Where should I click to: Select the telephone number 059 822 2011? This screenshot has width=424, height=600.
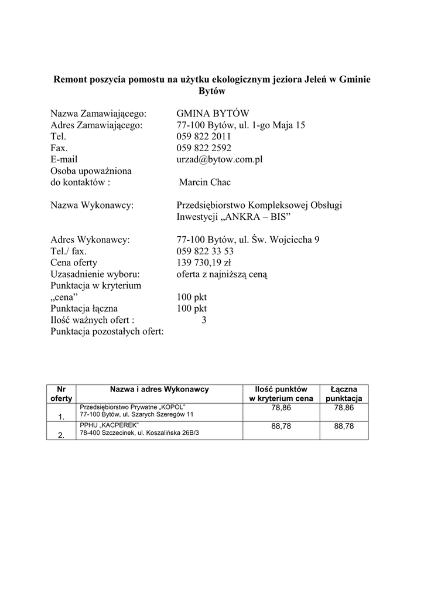point(204,137)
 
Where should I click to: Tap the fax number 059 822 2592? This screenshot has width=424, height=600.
point(204,148)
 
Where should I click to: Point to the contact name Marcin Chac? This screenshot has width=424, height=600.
point(205,182)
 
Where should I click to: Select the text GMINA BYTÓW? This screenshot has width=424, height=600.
point(213,114)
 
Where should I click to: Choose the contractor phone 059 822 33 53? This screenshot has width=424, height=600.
point(205,251)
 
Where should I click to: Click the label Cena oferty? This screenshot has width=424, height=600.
point(74,262)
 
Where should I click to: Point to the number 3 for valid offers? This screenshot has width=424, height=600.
point(204,320)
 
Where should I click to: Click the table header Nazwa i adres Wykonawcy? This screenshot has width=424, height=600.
point(159,389)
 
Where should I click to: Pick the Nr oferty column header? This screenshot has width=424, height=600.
point(61,394)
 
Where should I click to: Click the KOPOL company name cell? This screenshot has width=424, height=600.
point(136,410)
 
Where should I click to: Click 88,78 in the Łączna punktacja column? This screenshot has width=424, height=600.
point(344,427)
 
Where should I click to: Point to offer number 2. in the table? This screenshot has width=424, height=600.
point(61,435)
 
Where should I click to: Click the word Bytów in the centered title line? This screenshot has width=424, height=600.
point(212,91)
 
